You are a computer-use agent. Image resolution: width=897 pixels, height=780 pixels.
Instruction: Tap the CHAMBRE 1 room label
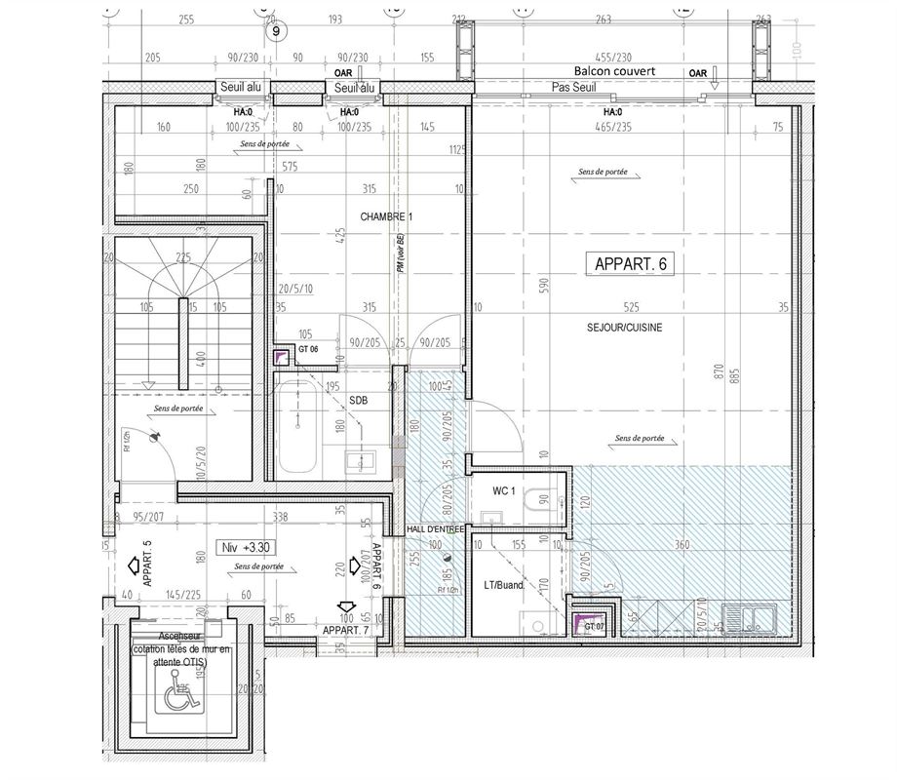(x=386, y=216)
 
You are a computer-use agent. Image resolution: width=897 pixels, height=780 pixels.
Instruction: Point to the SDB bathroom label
(x=358, y=401)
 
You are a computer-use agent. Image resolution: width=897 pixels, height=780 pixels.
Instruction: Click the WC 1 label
(x=503, y=492)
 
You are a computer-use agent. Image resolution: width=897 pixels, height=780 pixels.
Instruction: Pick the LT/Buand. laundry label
(x=504, y=586)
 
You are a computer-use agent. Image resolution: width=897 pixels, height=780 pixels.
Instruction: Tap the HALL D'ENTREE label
(x=436, y=528)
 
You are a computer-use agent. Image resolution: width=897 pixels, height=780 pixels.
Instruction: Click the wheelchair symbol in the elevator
(x=178, y=696)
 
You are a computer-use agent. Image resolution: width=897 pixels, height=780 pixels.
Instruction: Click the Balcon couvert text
(x=614, y=72)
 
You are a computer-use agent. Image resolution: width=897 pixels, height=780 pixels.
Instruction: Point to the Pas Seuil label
(x=573, y=88)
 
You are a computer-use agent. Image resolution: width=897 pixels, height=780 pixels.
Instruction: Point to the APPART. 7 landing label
(x=347, y=631)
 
